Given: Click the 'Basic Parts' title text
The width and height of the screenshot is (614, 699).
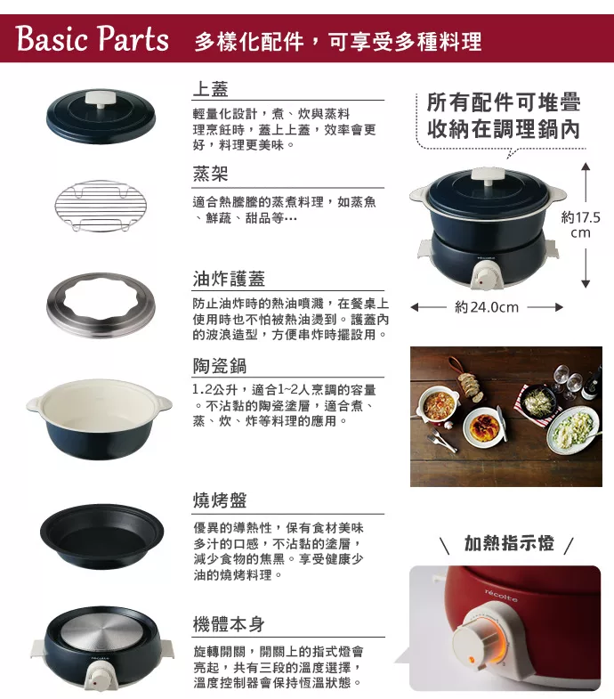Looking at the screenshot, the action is (x=93, y=38).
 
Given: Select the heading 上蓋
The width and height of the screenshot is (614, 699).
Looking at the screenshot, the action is (x=210, y=89).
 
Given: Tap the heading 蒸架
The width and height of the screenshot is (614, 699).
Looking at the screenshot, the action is (x=210, y=174).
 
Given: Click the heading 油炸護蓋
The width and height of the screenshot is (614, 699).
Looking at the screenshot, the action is (x=229, y=279).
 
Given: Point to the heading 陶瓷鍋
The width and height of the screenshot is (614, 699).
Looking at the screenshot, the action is (x=220, y=366).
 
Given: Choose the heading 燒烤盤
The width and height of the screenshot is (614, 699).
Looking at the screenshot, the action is (x=220, y=500).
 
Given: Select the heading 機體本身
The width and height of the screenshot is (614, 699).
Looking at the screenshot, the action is (x=229, y=623).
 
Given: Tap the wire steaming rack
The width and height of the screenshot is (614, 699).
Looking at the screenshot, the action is (x=101, y=206).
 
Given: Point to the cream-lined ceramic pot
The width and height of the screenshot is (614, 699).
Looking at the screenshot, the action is (x=99, y=419).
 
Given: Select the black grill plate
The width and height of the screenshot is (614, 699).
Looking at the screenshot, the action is (x=101, y=536).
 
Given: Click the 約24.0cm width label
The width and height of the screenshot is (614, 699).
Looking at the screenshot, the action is (x=487, y=307).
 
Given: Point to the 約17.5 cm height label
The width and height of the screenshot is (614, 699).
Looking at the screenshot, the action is (x=580, y=225).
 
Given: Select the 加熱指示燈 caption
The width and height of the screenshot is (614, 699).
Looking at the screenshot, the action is (x=509, y=543).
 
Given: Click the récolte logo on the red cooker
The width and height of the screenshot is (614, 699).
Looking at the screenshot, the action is (x=501, y=595).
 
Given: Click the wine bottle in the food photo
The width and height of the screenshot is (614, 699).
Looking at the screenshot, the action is (x=592, y=384).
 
